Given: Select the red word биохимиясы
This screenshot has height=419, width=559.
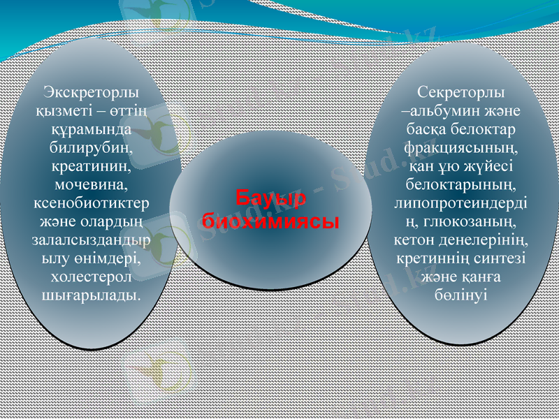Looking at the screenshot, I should [x=270, y=221].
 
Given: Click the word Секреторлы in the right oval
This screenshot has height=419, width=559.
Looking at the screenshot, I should [x=462, y=92].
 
